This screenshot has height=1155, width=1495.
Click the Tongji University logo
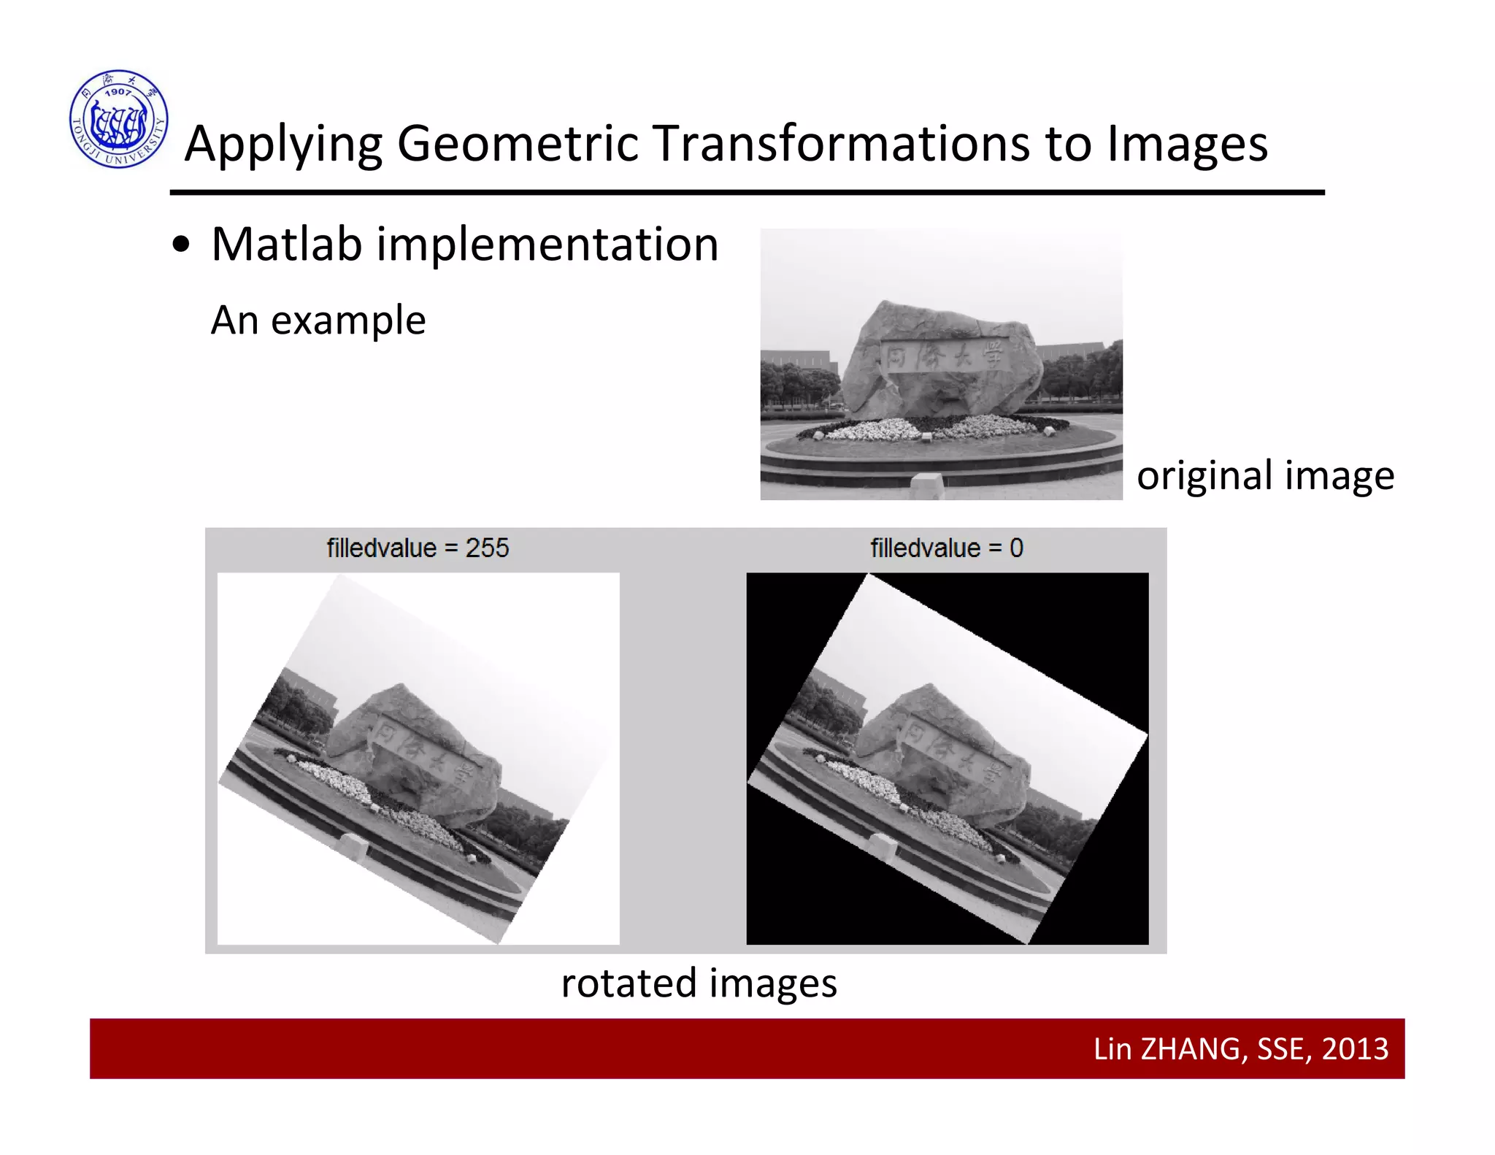[x=119, y=119]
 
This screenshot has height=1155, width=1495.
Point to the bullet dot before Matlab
[x=181, y=246]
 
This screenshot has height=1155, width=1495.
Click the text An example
[x=318, y=320]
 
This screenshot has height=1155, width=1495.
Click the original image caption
[x=1265, y=475]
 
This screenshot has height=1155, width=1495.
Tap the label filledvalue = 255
[x=418, y=548]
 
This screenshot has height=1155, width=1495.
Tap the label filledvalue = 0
[x=947, y=548]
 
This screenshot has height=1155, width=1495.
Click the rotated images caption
[x=699, y=983]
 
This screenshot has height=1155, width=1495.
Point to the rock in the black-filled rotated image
[x=942, y=752]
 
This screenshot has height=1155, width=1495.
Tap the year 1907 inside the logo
[x=118, y=92]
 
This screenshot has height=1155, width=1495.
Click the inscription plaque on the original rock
[x=945, y=357]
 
